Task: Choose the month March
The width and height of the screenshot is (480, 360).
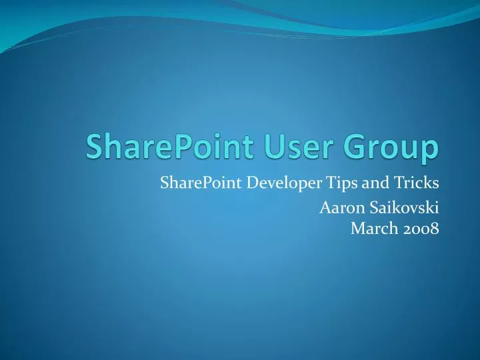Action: click(371, 229)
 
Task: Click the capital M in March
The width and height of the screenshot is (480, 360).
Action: click(357, 229)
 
